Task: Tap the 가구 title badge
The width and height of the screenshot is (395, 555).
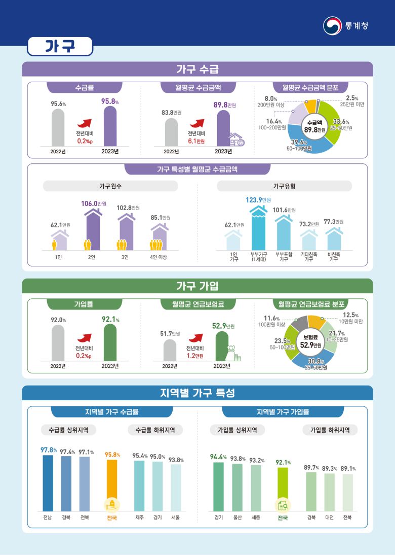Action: pos(60,46)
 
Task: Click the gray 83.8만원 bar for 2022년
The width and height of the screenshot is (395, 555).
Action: pos(171,132)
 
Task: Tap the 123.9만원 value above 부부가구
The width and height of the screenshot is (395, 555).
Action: pos(258,200)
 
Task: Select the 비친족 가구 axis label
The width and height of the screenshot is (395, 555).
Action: pos(334,256)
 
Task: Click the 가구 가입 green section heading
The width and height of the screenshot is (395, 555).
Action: pos(197,286)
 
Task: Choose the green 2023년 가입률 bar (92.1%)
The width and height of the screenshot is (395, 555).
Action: pos(110,342)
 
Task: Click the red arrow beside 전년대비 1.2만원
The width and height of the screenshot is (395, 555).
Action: pos(194,337)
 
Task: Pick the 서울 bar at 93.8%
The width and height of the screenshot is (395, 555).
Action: pos(175,488)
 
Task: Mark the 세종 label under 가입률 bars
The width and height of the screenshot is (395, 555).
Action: pos(256,518)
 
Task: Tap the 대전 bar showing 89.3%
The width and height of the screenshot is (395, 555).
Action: pos(329,492)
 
